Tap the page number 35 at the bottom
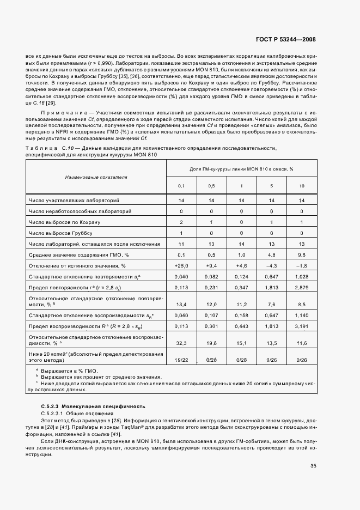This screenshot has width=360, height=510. pyautogui.click(x=313, y=465)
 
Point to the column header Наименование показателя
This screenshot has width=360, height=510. pyautogui.click(x=96, y=177)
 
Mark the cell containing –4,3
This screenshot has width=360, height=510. pyautogui.click(x=271, y=265)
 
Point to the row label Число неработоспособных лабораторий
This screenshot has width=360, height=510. pyautogui.click(x=80, y=211)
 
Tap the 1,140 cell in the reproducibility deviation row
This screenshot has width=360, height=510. pyautogui.click(x=301, y=315)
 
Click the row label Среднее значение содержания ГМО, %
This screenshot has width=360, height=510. pyautogui.click(x=75, y=254)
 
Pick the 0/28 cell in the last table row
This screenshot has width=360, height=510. pyautogui.click(x=241, y=360)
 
